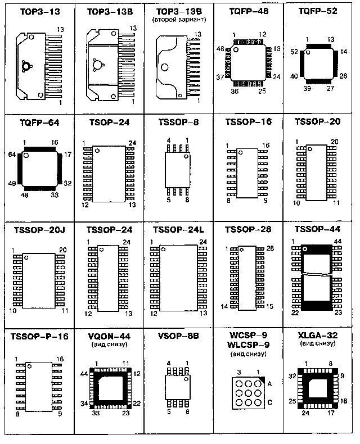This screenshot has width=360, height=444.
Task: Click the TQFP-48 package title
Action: (247, 11)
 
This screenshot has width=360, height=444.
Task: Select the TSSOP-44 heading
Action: (317, 229)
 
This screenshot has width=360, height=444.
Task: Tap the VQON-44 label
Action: (109, 336)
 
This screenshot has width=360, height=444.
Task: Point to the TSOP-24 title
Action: (109, 121)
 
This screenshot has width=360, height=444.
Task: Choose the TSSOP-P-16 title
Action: (39, 336)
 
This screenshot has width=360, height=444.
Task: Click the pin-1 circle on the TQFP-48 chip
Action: (236, 49)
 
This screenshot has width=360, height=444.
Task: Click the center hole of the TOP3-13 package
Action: (26, 66)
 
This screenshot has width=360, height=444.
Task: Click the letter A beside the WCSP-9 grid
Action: (269, 384)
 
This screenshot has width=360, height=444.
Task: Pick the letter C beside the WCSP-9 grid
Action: (269, 402)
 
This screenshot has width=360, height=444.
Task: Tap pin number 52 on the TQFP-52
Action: (294, 51)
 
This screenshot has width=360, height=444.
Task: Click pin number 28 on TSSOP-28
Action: (269, 248)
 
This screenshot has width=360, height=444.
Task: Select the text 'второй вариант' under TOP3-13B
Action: (178, 19)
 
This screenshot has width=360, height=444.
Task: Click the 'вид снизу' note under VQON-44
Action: (109, 345)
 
